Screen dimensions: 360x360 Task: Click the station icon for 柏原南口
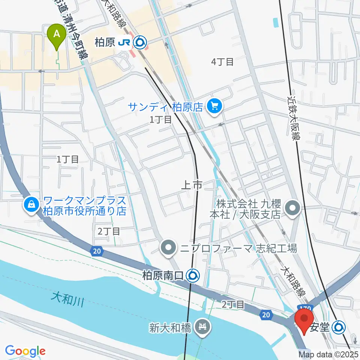pyautogui.click(x=193, y=276)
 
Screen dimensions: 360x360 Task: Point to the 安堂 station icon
pyautogui.click(x=339, y=327)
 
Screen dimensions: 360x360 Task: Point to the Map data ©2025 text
pyautogui.click(x=328, y=354)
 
